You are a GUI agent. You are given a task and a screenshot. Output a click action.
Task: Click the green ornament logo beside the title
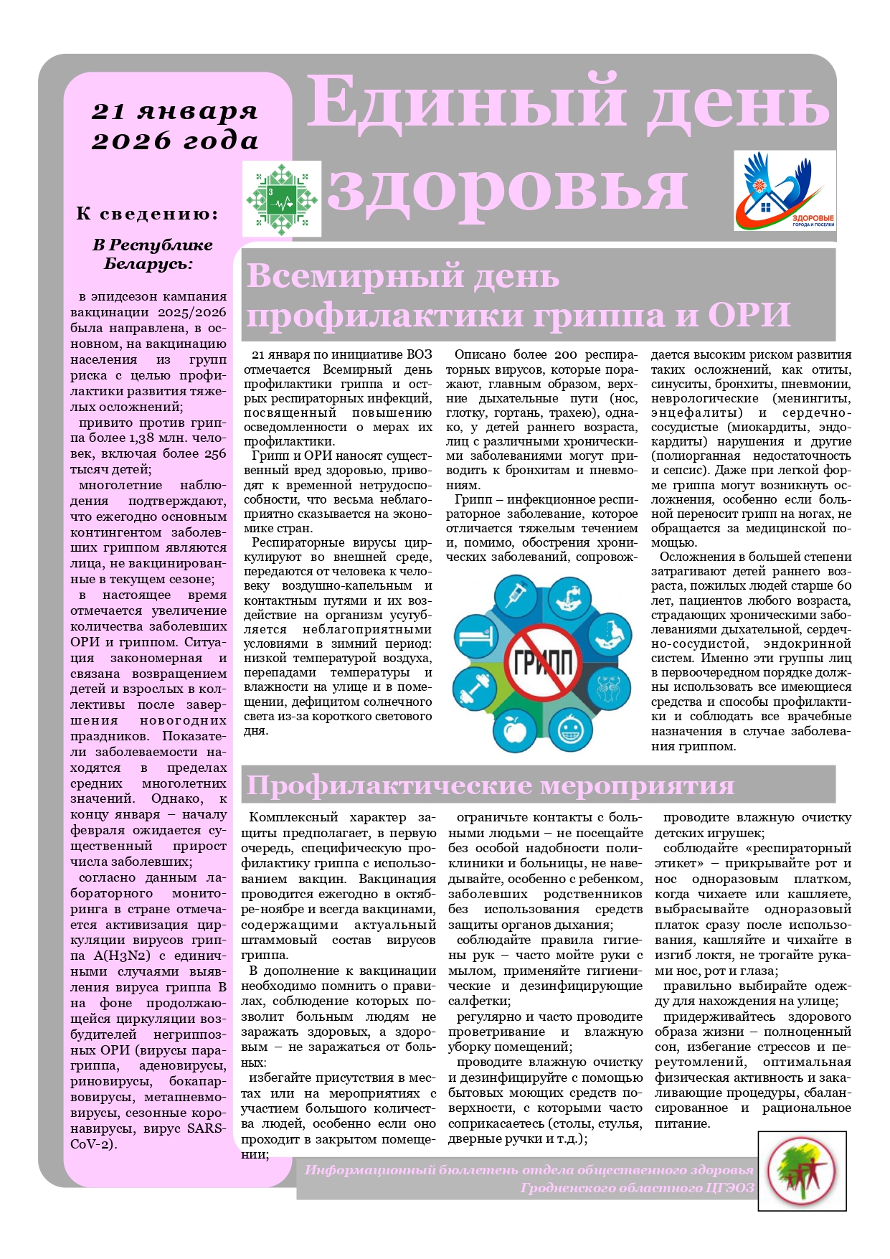(x=281, y=199)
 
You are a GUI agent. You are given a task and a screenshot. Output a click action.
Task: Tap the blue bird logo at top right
(x=785, y=191)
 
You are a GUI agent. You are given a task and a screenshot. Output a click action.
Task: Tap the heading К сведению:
(x=147, y=214)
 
